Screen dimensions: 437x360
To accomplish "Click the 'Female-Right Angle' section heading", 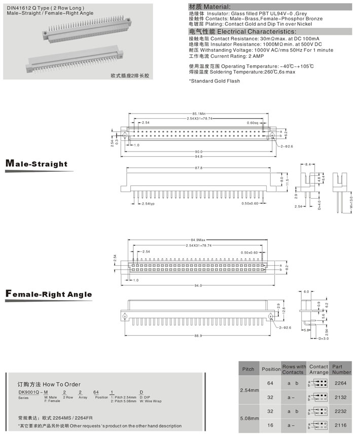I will tap(48, 294).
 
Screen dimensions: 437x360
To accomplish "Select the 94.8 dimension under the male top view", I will tap(198, 157).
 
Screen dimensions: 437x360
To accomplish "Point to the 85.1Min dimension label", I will tap(198, 113).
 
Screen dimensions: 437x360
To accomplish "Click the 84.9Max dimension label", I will tap(198, 240).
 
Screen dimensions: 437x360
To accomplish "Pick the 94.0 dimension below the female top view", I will tap(198, 285).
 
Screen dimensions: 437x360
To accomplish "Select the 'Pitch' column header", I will tap(248, 369).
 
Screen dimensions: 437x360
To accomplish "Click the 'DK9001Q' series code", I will tap(28, 392).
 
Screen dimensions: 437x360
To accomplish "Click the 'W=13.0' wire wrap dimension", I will tap(350, 205).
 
